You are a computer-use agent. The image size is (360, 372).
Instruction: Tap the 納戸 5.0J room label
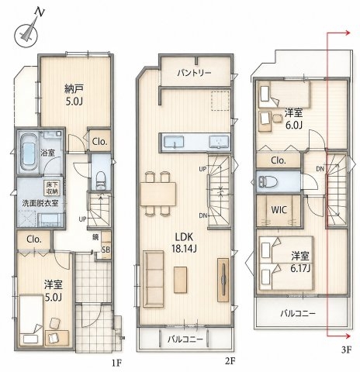pos(74,95)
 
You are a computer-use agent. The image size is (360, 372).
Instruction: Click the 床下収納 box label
pos(53,188)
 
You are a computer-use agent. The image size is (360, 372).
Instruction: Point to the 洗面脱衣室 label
pos(40,203)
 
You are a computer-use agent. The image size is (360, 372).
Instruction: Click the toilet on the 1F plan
pos(101,180)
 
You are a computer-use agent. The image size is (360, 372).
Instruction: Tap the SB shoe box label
pos(106,250)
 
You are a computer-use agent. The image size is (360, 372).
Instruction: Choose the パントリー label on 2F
pos(194,73)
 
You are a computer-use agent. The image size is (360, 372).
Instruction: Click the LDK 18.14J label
pos(184,243)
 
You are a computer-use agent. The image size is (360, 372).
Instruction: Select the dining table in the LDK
pos(158,194)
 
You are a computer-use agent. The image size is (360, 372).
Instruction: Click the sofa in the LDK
pos(153,279)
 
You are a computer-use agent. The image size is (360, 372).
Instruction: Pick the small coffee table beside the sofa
pos(180,280)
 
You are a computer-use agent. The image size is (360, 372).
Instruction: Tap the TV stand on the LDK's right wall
pos(223,280)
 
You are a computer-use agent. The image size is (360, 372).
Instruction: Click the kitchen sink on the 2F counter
pos(174,142)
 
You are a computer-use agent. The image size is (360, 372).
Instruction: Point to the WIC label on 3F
pos(279,210)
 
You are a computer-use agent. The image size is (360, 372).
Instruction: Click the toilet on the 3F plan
pos(268,181)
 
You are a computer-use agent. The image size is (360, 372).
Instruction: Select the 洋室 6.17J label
pos(300,262)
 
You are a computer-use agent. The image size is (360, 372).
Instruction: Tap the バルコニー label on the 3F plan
pos(298,314)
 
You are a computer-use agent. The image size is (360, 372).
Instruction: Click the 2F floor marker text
pos(230,361)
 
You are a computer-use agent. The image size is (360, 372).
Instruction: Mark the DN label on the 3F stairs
pos(320,169)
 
